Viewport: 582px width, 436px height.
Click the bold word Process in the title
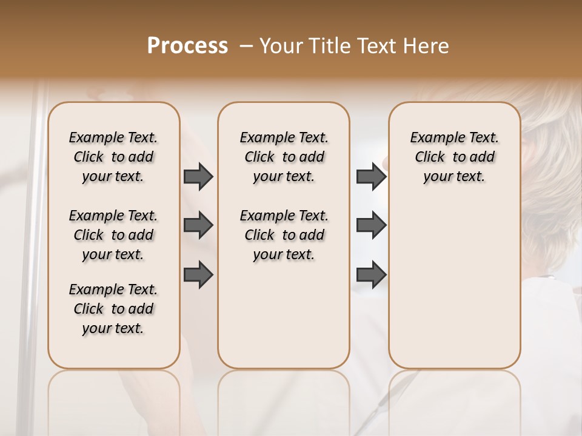click(x=187, y=46)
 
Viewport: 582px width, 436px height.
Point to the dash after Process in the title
click(x=246, y=47)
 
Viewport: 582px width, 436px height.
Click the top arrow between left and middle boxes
click(x=198, y=177)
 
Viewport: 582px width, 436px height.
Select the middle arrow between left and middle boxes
click(x=198, y=225)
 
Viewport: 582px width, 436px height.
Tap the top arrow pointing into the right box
click(x=371, y=177)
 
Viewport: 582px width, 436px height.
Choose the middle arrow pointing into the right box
click(x=371, y=225)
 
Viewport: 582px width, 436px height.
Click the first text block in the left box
click(x=113, y=157)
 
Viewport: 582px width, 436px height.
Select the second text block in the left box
click(x=113, y=235)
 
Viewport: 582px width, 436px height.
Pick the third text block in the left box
click(x=113, y=309)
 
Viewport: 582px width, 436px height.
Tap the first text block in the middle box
click(x=284, y=157)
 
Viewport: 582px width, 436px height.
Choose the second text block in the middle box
click(x=284, y=235)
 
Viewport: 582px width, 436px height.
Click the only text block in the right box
click(x=454, y=157)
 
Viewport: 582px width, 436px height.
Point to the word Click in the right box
click(x=430, y=157)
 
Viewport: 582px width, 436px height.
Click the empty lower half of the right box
click(x=454, y=291)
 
